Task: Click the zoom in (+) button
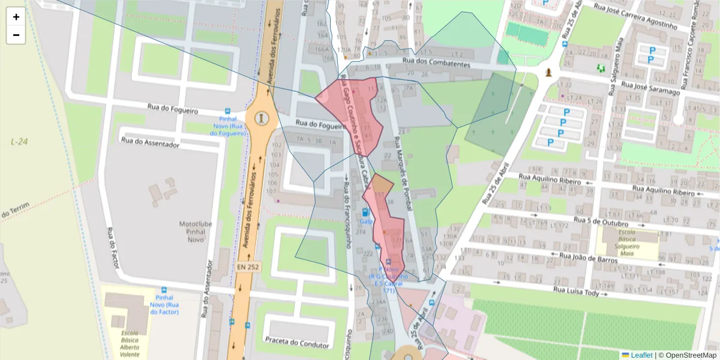[x=16, y=17]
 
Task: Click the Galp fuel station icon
[x=365, y=212]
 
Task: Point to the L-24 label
[x=19, y=142]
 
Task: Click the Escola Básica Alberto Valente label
[x=130, y=343]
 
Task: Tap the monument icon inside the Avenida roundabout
[x=260, y=118]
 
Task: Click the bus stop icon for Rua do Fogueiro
[x=227, y=112]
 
